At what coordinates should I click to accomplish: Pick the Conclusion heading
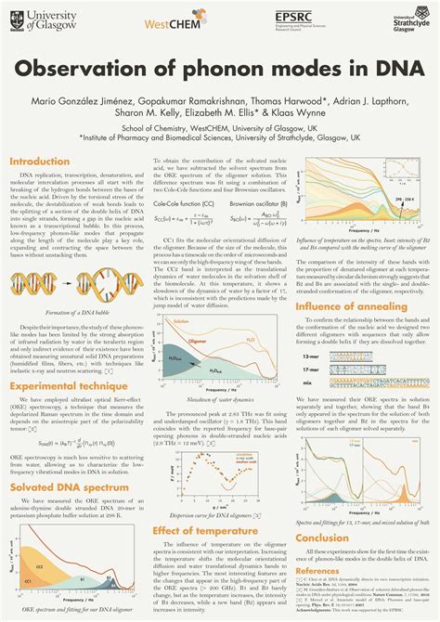pos(322,537)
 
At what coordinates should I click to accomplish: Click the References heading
pos(317,571)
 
